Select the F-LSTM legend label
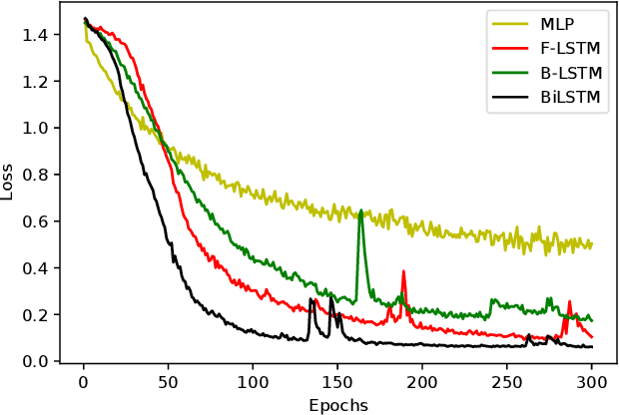(574, 48)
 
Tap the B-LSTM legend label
(574, 73)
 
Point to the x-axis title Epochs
(337, 405)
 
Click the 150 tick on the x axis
(337, 382)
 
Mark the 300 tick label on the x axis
(592, 382)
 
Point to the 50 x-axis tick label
(168, 382)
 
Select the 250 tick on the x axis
(507, 382)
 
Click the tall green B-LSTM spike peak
(360, 210)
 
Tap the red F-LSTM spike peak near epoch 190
(403, 271)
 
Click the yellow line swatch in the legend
(508, 23)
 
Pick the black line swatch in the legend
(508, 98)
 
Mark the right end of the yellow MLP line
(592, 242)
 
